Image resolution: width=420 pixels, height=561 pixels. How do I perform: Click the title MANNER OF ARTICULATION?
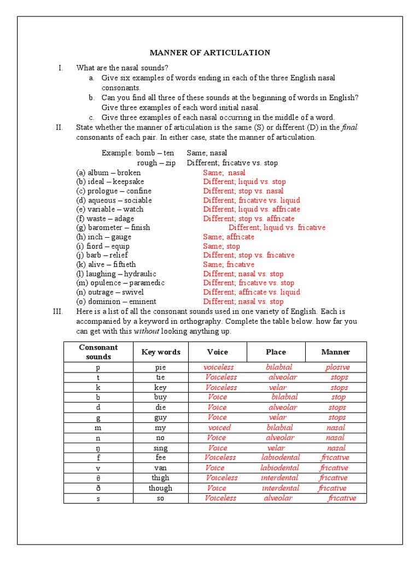210,53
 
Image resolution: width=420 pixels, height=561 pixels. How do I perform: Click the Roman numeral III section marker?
58,311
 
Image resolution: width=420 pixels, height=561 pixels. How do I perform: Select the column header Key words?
161,352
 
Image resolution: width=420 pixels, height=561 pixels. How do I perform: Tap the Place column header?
276,352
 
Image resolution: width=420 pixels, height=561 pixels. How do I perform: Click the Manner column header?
336,352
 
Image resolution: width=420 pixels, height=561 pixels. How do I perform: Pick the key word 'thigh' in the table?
160,478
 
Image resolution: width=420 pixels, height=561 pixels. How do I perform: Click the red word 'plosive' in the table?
337,367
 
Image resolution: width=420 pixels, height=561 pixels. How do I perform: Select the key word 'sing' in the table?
160,448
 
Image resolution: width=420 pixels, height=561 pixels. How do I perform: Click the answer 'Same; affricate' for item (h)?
229,237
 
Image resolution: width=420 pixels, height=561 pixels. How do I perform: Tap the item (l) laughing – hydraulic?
116,273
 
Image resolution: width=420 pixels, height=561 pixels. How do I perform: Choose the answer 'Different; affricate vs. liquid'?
252,292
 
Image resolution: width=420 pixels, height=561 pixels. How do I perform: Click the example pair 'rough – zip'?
156,163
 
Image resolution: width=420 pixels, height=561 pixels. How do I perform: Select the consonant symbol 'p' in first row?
98,368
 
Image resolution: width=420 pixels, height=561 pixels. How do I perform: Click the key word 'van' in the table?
160,468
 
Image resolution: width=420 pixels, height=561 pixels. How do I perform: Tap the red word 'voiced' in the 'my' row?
219,427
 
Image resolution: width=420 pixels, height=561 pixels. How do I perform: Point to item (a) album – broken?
108,173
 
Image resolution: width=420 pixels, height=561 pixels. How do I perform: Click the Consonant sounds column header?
98,352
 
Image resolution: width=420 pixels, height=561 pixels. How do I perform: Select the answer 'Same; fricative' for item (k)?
229,264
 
